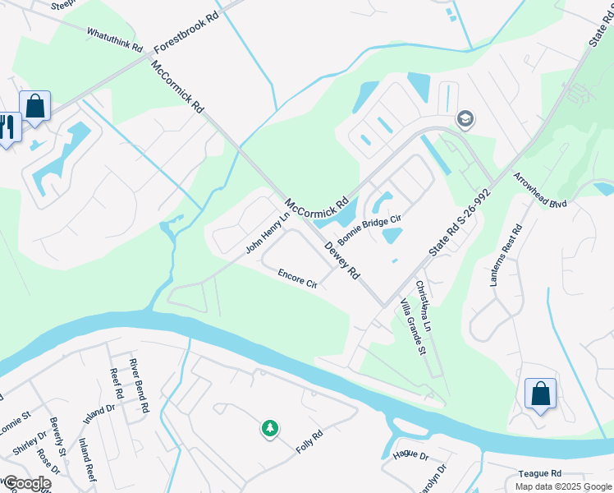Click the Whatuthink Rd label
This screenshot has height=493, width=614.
115,39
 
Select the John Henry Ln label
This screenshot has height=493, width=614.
268,233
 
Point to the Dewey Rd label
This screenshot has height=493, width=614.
342,260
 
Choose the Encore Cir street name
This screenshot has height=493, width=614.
297,279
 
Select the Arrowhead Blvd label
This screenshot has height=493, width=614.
540,190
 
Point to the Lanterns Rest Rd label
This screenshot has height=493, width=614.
506,255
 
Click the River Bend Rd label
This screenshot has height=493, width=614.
139,385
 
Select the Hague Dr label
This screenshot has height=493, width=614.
411,454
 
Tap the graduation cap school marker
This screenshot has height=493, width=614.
465,120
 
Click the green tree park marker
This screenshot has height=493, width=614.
269,428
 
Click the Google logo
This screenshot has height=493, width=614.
26,483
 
